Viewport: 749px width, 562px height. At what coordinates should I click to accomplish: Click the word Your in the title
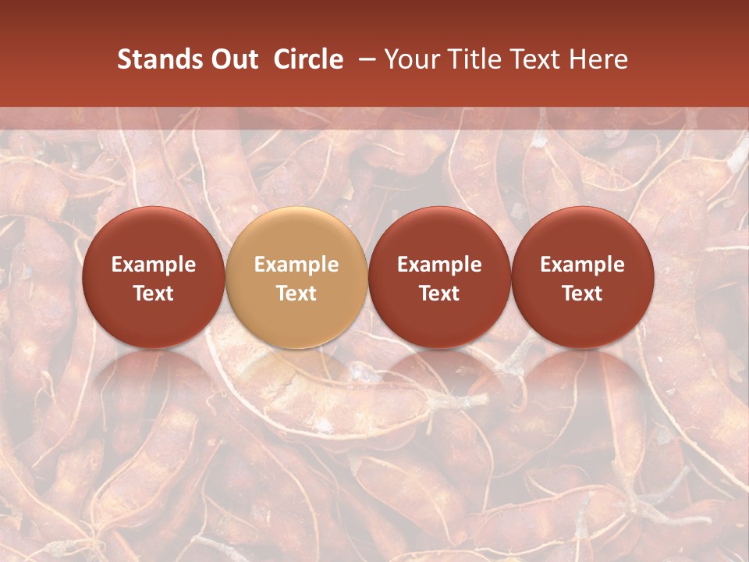tap(410, 59)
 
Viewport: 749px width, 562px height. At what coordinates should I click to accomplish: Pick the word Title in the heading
tap(470, 59)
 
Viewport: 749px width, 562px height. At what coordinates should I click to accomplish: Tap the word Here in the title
tap(598, 59)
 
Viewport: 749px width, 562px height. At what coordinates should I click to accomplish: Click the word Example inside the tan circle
tap(296, 265)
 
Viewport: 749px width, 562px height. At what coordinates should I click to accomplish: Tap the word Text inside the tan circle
tap(296, 293)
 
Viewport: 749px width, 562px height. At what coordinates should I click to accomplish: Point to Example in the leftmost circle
tap(154, 265)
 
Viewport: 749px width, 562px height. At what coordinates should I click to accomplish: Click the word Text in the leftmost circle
tap(154, 293)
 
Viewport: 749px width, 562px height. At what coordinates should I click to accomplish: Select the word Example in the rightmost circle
tap(582, 265)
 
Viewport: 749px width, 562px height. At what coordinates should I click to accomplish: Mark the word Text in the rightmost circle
tap(582, 293)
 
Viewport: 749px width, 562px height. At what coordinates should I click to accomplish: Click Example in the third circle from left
tap(439, 265)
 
